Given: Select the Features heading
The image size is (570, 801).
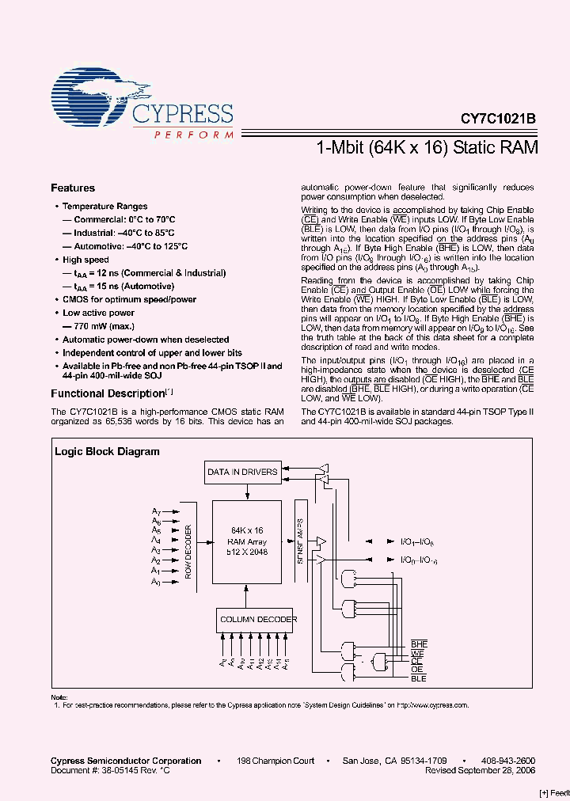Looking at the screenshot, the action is click(x=73, y=188).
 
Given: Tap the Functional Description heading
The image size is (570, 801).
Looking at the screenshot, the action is click(x=108, y=393).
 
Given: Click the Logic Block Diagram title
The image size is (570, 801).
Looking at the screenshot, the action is click(x=107, y=452).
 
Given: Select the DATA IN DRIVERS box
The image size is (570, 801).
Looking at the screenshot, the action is click(x=242, y=473).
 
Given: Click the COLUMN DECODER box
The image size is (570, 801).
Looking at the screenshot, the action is click(x=258, y=620).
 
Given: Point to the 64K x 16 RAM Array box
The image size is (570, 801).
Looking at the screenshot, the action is click(x=247, y=541).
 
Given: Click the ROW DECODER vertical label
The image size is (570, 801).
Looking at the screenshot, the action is click(x=188, y=551).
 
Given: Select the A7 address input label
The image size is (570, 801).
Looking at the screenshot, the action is click(x=157, y=512).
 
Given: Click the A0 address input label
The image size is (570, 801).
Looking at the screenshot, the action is click(x=157, y=582).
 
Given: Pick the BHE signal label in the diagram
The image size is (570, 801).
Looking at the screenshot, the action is click(x=419, y=644).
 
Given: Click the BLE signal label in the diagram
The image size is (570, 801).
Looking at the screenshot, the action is click(x=419, y=678).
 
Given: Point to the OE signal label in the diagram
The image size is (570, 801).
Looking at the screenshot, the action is click(x=416, y=670).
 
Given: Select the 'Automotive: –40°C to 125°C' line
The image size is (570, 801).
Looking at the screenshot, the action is click(x=131, y=246).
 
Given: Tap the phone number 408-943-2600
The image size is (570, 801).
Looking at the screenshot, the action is click(x=507, y=761).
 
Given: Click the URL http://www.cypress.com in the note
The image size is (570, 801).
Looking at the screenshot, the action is click(x=431, y=704).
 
